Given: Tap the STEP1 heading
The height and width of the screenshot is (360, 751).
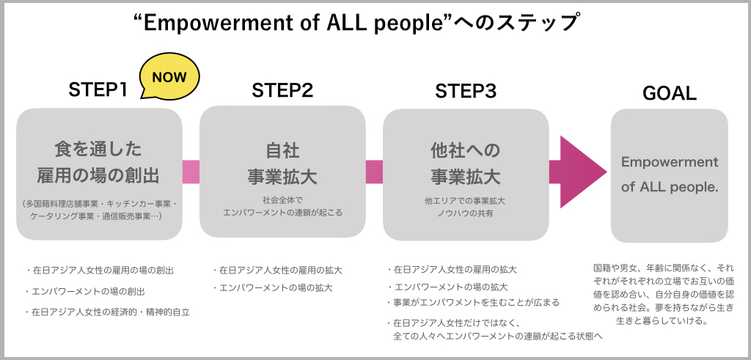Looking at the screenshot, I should [98, 90].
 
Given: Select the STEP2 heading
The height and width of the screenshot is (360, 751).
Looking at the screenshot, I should [282, 90].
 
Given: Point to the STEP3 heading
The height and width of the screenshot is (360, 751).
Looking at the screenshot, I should [466, 90].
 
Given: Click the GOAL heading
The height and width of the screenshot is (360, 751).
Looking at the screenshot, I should [669, 93].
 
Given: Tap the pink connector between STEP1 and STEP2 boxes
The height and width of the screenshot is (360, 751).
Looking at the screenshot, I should [191, 172].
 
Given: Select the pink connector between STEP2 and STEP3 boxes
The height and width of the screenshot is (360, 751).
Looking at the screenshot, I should [374, 172].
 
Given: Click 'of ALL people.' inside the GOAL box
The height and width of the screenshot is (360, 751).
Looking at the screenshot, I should [669, 187].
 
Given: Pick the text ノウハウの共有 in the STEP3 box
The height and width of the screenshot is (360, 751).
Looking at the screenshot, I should [466, 213].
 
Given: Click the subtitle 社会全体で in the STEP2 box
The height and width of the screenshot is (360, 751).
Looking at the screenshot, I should [282, 199].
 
